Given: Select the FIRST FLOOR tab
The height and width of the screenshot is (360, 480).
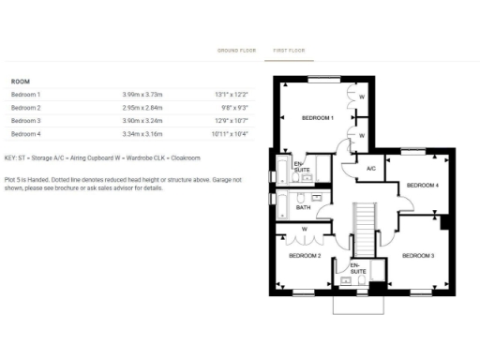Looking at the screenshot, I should coord(290,50).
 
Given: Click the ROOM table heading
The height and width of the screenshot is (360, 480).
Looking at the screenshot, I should coord(20,82).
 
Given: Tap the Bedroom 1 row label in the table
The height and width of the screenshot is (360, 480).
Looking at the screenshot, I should coord(26,95).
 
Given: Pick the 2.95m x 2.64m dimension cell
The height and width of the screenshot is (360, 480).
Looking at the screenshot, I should coord(142,108).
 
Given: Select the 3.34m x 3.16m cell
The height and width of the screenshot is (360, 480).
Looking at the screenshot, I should coord(142,134).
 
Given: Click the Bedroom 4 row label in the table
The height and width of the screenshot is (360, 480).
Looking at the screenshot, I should coord(26,134).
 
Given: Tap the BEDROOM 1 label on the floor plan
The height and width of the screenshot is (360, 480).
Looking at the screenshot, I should coord(317,118).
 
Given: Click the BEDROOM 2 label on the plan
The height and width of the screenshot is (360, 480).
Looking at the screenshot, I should coord(305,255).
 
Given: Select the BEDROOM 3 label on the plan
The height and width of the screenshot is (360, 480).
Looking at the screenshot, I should coord(418,255).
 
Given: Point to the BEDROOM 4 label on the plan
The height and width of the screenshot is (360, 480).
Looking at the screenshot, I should coord(423,186).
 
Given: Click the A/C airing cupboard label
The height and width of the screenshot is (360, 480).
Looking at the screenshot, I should coord(370,169).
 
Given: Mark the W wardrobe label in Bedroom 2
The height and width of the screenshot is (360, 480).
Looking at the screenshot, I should coord(305,229).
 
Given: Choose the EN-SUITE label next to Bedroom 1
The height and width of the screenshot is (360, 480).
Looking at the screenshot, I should coord(300,168).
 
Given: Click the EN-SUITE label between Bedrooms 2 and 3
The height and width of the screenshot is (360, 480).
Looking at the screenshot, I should coord(356,268).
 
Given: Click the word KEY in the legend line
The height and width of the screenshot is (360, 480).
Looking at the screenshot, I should coord(10,157).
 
